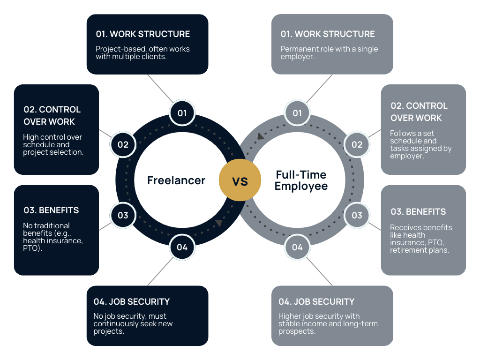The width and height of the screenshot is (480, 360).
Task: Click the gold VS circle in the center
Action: click(240, 180)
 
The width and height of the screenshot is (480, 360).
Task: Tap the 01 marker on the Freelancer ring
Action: click(182, 113)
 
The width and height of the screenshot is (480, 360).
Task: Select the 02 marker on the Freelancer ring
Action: click(123, 144)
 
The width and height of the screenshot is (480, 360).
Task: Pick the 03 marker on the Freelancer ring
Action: click(123, 215)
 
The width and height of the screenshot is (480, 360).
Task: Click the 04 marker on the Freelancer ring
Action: click(182, 247)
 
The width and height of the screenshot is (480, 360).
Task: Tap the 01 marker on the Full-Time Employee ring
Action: click(297, 113)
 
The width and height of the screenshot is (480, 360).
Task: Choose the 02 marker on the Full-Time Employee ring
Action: click(357, 144)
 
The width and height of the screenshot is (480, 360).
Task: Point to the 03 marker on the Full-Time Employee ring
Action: click(357, 215)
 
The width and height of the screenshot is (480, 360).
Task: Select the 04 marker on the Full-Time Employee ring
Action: click(297, 247)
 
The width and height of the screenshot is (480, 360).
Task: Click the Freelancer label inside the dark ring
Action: click(176, 180)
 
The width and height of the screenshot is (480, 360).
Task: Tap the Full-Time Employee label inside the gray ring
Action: click(301, 180)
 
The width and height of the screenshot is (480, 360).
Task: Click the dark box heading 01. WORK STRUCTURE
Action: click(143, 34)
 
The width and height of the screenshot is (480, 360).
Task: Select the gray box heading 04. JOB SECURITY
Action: click(316, 301)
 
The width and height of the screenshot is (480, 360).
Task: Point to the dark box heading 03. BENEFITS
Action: click(51, 210)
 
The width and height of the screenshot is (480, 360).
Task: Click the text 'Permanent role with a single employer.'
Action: click(329, 52)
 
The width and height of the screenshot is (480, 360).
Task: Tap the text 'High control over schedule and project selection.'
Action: click(53, 145)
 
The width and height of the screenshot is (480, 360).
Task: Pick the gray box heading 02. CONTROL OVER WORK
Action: click(419, 112)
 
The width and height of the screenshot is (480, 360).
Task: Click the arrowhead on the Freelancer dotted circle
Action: click(219, 223)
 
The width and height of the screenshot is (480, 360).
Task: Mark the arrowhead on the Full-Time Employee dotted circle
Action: click(260, 137)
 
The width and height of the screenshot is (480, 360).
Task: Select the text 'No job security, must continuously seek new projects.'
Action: click(133, 324)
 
